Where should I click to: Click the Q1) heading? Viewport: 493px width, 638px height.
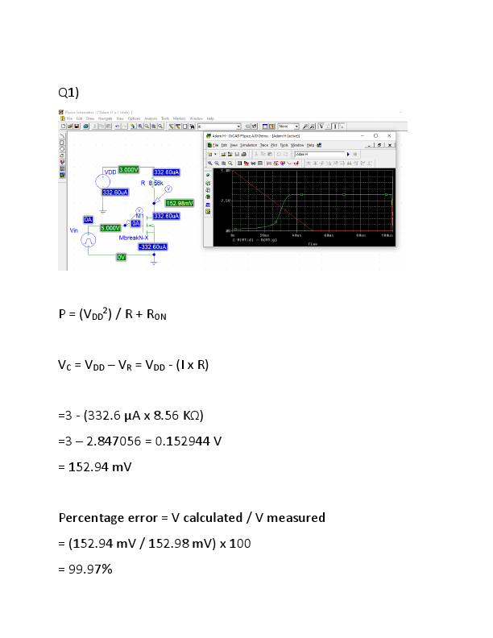point(68,90)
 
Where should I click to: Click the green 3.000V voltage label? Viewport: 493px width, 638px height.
point(128,169)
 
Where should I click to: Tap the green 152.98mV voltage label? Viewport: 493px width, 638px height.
point(179,203)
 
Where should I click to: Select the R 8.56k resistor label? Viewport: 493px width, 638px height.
point(151,184)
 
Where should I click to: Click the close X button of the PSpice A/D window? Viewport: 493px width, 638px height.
point(390,136)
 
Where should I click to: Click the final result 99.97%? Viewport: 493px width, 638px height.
point(85,570)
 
